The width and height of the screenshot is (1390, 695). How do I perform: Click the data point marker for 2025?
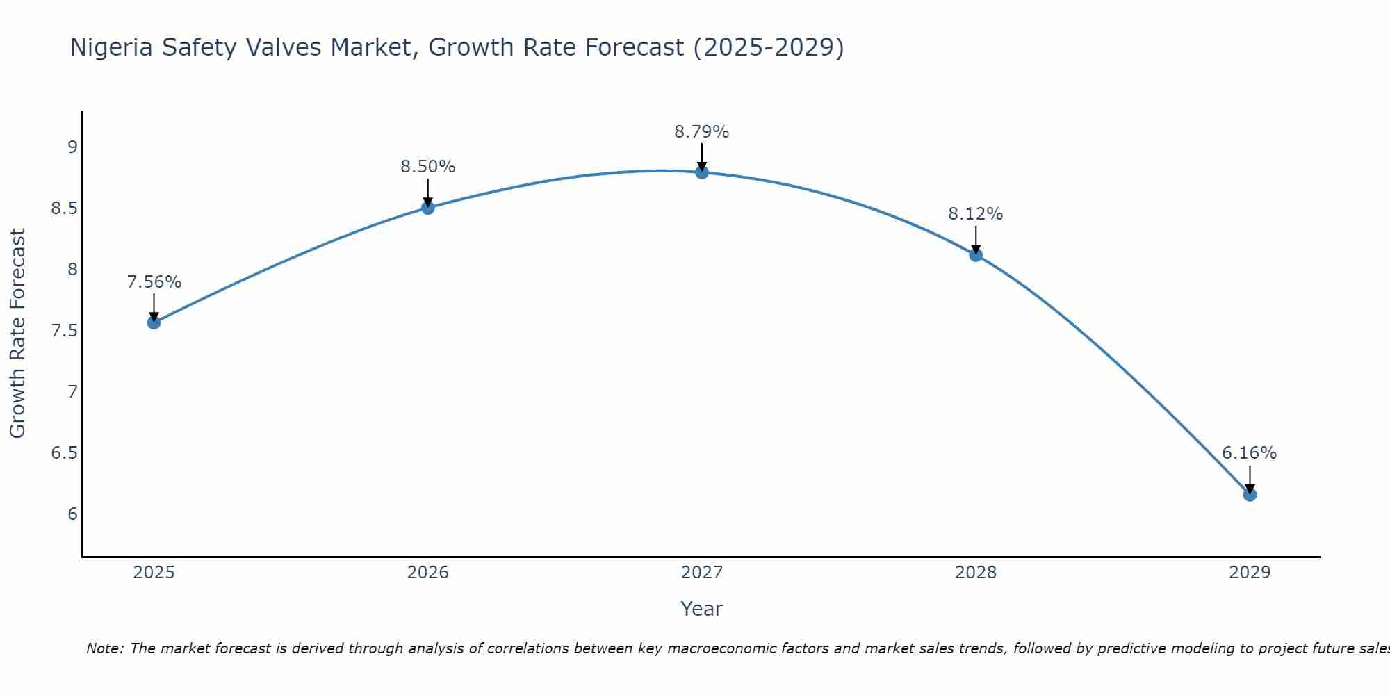[x=154, y=322]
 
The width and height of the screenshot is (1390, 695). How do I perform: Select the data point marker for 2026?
[x=428, y=207]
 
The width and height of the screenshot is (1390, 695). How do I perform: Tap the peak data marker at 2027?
[x=702, y=172]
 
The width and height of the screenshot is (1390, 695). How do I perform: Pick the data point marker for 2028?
[x=976, y=254]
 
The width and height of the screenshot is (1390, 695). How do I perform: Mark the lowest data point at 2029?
[x=1250, y=495]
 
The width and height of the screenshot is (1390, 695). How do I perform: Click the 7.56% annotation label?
[x=154, y=282]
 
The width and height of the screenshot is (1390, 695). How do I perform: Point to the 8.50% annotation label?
[x=428, y=167]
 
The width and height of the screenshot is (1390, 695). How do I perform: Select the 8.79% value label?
[x=702, y=132]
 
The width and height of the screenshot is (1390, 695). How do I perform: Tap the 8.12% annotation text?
[x=976, y=214]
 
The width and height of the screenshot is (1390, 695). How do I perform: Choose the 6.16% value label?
[x=1250, y=453]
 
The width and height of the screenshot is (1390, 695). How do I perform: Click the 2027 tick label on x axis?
[x=702, y=573]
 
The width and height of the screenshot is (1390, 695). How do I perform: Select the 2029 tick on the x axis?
[x=1250, y=573]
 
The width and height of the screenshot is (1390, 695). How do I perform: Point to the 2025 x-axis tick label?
[x=154, y=573]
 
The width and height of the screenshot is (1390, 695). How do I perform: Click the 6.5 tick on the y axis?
[x=64, y=453]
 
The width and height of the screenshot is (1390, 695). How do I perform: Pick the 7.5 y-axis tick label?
[x=64, y=330]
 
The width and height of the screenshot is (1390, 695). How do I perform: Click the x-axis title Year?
[x=702, y=609]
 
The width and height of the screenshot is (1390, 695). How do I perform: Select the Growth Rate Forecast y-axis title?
[x=18, y=334]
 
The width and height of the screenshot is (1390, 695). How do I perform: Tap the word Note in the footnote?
[x=104, y=648]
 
